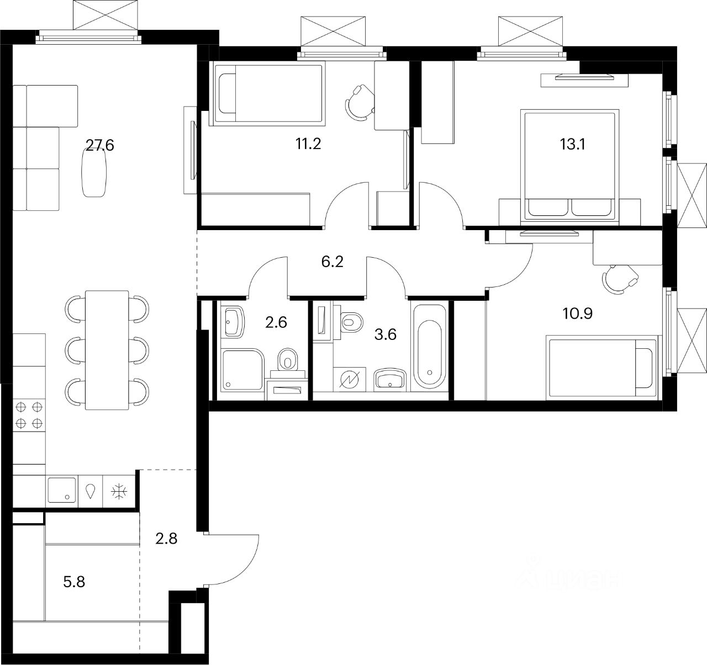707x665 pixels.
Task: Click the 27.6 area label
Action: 99,145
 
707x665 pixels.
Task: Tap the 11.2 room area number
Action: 308,145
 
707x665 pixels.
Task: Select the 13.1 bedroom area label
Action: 572,145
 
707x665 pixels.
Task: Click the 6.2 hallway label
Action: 332,262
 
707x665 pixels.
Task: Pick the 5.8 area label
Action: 74,581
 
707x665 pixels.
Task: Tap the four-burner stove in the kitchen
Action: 29,415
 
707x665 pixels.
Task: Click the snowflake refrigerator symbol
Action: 118,491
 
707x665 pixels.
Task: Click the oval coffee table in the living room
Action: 95,173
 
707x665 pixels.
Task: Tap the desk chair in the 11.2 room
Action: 359,102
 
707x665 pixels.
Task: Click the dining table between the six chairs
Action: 107,350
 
